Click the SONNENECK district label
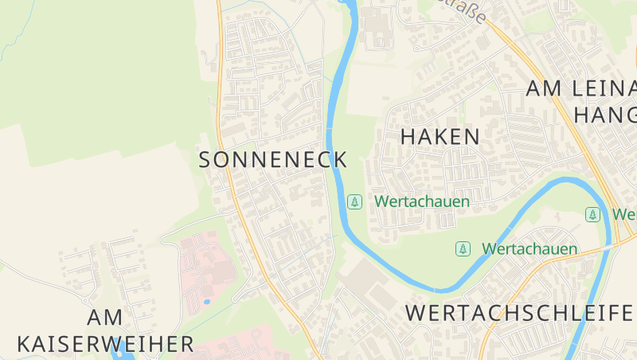(x=272, y=159)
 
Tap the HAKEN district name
(x=440, y=136)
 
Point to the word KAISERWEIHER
(x=105, y=344)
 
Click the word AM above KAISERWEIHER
(x=105, y=317)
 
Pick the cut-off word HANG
(x=605, y=115)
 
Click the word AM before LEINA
(x=544, y=88)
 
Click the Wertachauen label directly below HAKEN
(x=422, y=202)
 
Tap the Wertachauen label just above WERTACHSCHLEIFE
(x=530, y=249)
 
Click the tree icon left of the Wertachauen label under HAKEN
(x=355, y=202)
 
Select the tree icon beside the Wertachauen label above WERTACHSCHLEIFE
(x=463, y=249)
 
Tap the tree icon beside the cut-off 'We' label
(x=592, y=214)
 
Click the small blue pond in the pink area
(x=207, y=302)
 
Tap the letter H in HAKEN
(x=408, y=136)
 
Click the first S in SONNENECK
(x=205, y=159)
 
